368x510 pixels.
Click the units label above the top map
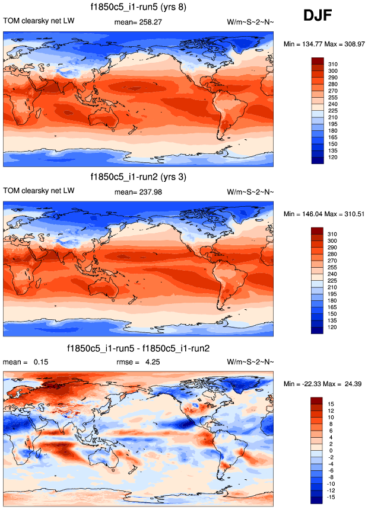point(250,22)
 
